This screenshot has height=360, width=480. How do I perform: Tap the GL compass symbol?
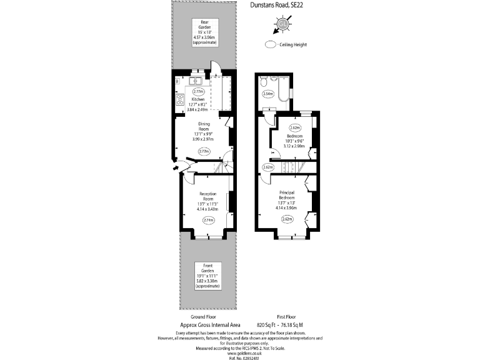click(283, 25)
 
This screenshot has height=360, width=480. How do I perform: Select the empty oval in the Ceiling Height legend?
click(270, 44)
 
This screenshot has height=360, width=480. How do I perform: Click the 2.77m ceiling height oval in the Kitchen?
click(198, 91)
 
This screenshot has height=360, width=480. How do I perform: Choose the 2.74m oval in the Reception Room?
click(207, 219)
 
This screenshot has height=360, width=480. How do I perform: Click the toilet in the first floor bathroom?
click(264, 82)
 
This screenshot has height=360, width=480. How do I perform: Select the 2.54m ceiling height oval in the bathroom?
click(268, 94)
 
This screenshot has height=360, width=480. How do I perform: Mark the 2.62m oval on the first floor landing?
click(268, 167)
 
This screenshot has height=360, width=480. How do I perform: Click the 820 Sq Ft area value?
click(267, 325)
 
